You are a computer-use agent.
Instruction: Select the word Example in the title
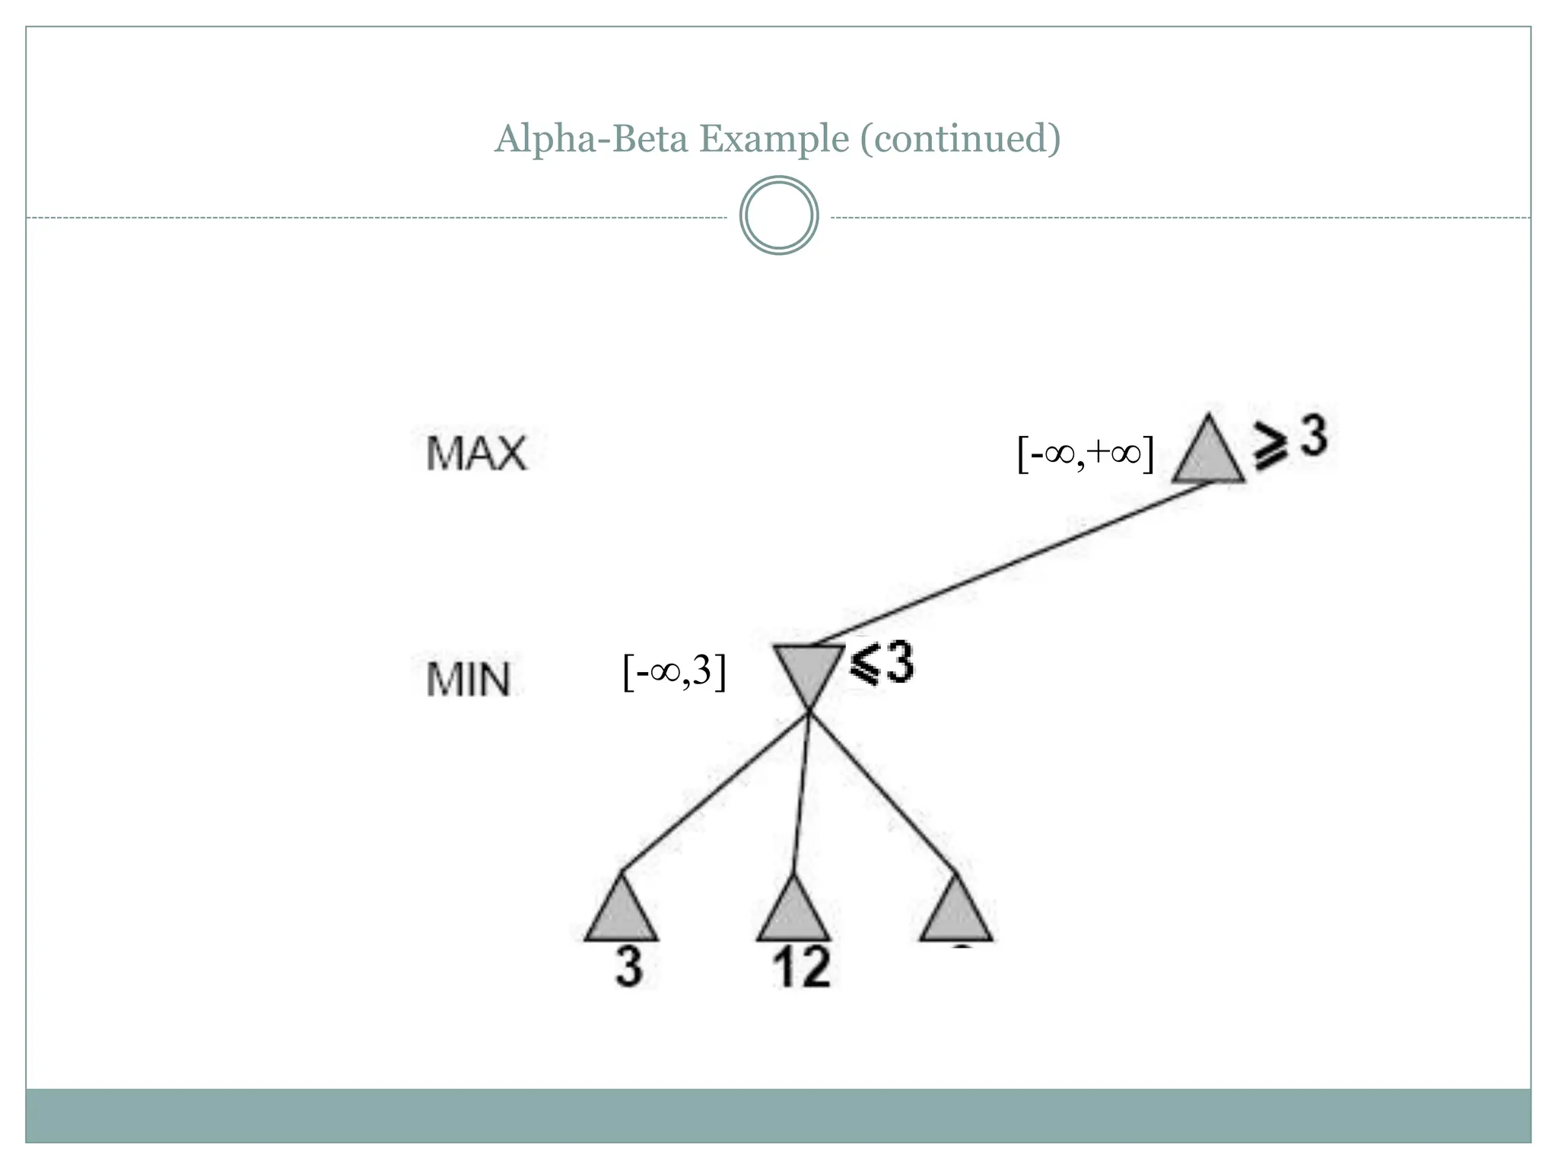[x=774, y=139]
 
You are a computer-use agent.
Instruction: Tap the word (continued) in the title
[x=960, y=139]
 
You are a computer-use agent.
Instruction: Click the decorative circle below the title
[x=779, y=215]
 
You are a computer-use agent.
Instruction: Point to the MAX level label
[x=476, y=454]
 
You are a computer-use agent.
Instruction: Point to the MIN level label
[x=468, y=680]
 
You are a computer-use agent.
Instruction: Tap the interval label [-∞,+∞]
[x=1086, y=454]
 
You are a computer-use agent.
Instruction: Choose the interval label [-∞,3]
[x=674, y=672]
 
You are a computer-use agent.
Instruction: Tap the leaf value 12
[x=801, y=968]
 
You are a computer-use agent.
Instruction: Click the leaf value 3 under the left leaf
[x=629, y=968]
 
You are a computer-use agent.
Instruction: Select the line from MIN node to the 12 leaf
[x=801, y=792]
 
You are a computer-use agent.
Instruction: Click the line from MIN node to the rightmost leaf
[x=882, y=792]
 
